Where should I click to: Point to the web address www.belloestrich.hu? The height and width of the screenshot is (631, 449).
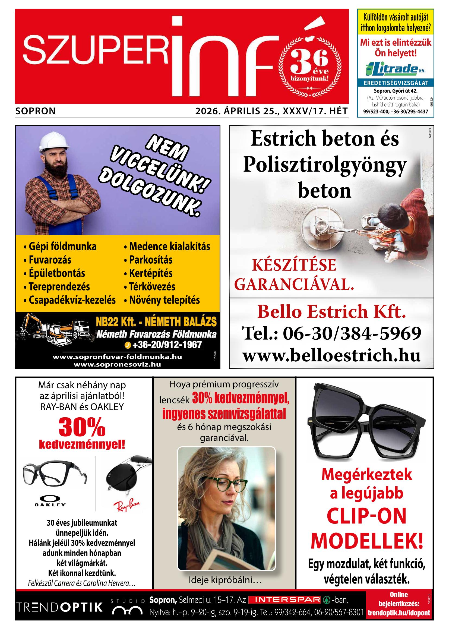331,355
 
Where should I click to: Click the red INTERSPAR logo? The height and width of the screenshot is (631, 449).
284,600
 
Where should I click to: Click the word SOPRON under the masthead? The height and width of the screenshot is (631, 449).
36,111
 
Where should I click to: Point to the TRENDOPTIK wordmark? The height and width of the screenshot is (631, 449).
59,607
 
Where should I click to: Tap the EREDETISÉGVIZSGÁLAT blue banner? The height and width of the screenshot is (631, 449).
396,83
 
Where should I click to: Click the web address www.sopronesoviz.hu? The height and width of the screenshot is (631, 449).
117,364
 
